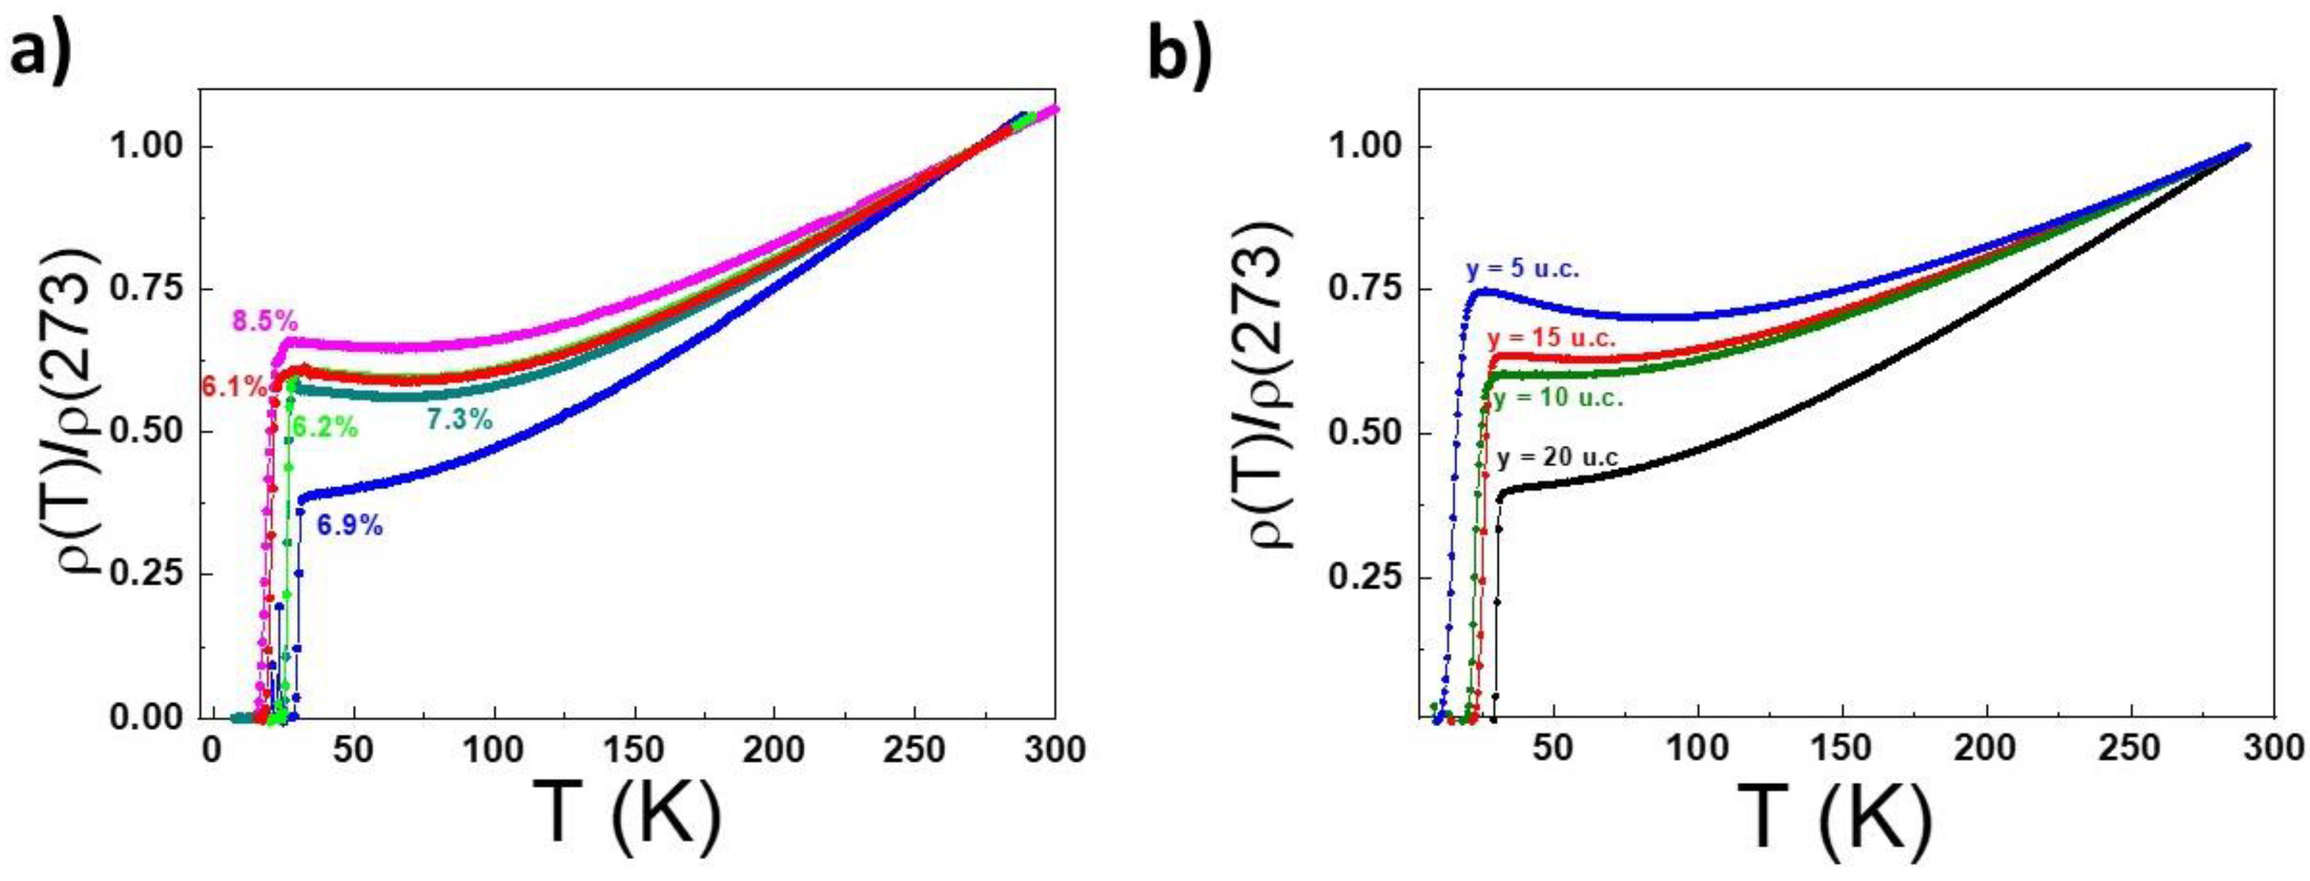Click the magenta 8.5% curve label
click(x=264, y=320)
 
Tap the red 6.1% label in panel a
click(x=232, y=387)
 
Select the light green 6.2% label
click(x=325, y=428)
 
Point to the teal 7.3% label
click(x=459, y=418)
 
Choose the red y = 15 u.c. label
click(x=1551, y=339)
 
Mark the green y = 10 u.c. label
click(x=1558, y=399)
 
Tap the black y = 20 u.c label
click(x=1558, y=458)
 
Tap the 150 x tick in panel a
click(x=635, y=750)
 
